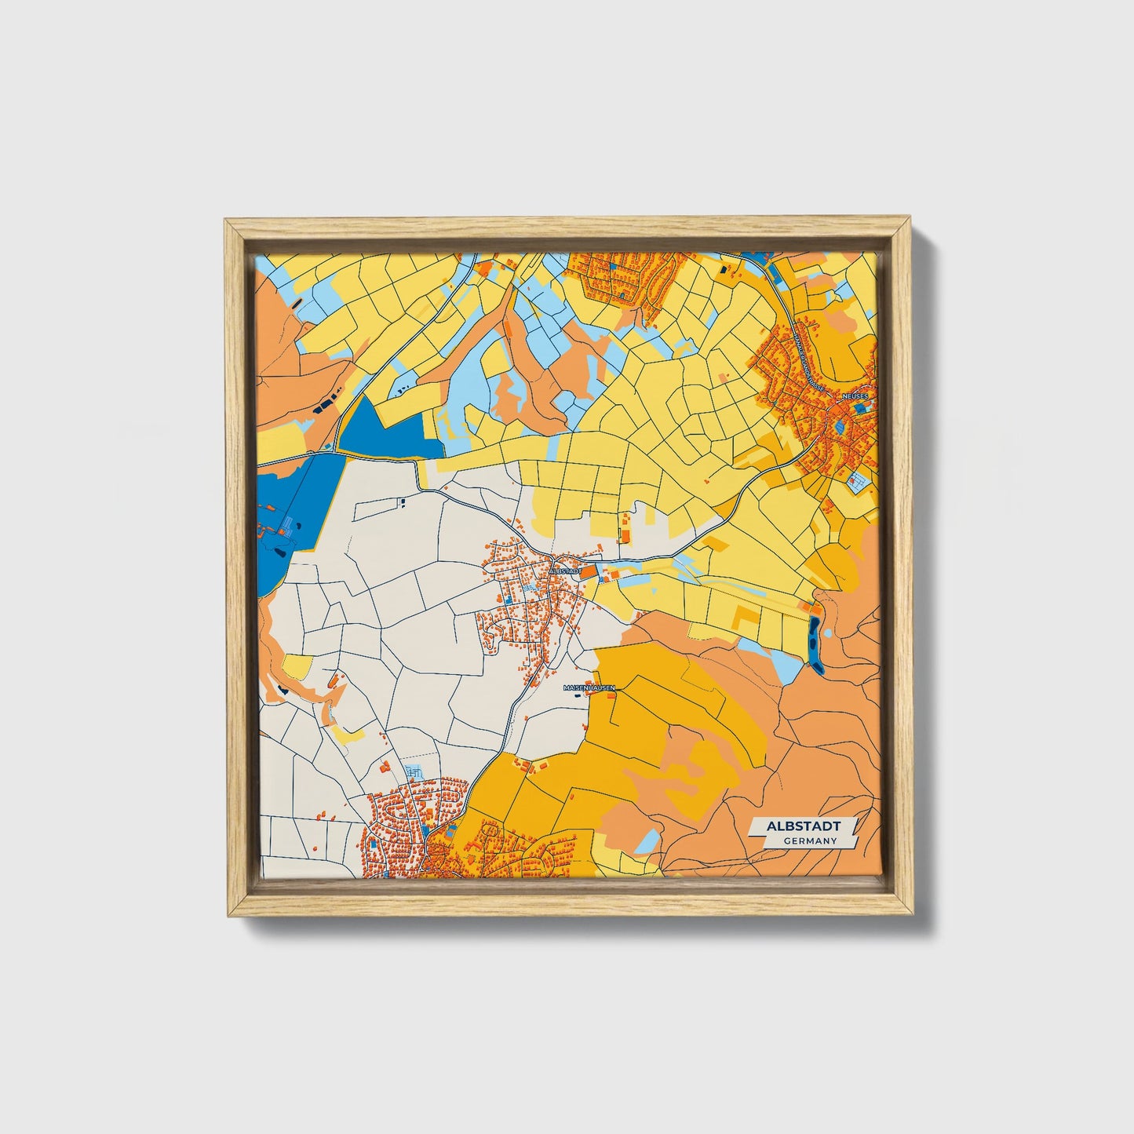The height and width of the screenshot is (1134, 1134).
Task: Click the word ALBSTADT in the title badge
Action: (803, 826)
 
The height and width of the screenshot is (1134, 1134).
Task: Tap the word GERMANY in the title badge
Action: (809, 841)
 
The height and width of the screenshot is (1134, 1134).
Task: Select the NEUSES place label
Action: (855, 397)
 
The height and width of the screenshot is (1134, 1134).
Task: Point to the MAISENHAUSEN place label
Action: (589, 687)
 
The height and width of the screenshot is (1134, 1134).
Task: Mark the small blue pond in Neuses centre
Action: (841, 428)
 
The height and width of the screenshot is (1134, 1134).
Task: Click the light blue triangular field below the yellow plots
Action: (786, 668)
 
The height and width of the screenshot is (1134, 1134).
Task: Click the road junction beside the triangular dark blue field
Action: (334, 452)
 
